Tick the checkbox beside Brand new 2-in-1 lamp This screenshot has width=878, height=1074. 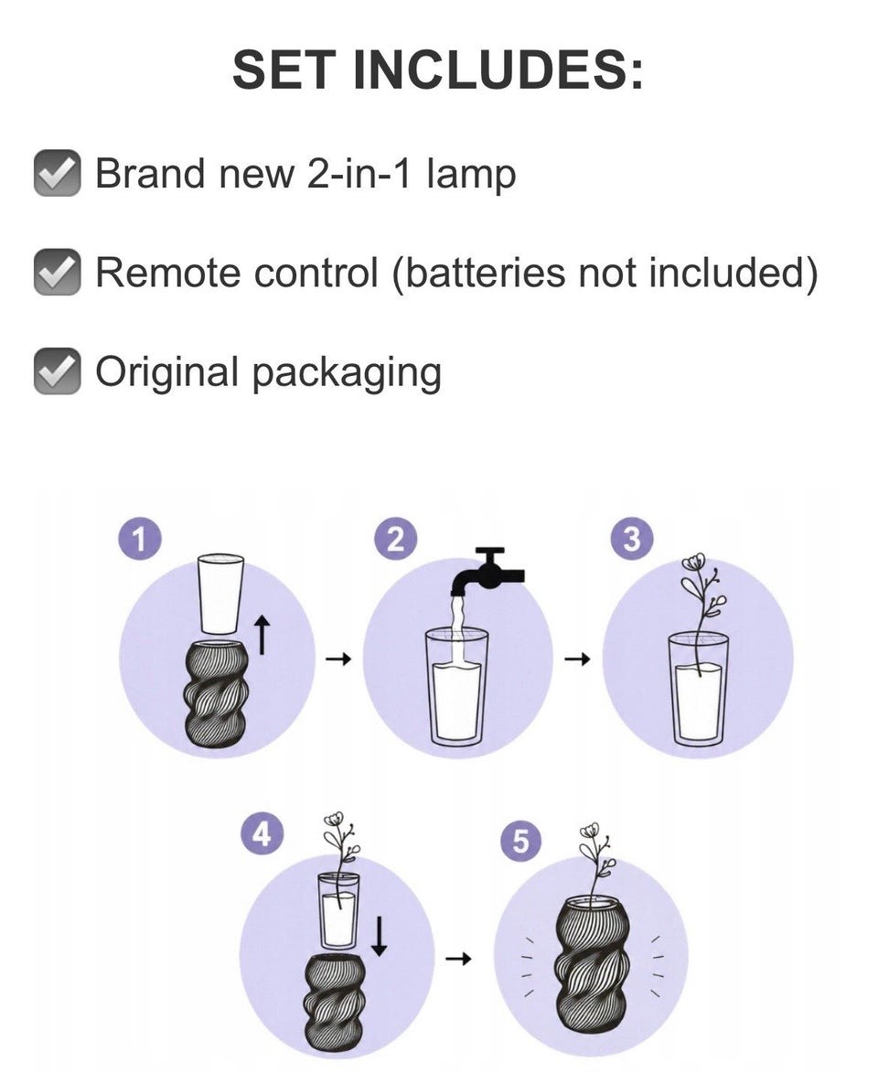(58, 173)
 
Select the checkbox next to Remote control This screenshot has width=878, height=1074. (58, 272)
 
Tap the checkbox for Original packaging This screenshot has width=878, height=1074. (58, 371)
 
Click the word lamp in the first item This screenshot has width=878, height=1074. (470, 174)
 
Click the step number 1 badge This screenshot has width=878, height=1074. (140, 540)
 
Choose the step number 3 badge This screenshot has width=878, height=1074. (631, 540)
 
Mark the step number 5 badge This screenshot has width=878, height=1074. (521, 842)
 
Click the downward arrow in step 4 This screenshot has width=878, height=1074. (379, 937)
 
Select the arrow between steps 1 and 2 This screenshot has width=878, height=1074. (338, 660)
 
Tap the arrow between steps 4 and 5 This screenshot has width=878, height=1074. (458, 959)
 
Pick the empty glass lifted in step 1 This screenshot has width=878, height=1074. (220, 593)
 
